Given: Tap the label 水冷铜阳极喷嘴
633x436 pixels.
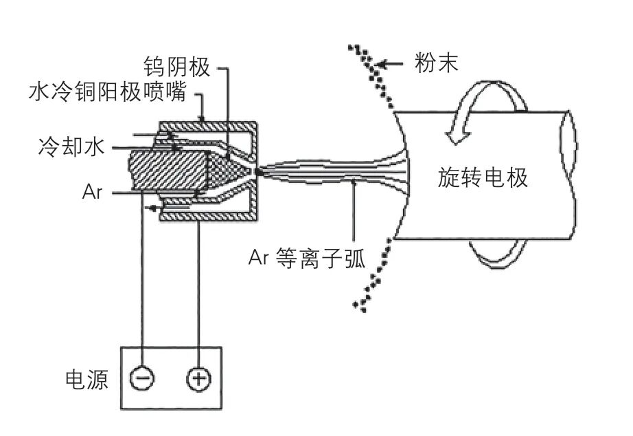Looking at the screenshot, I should pyautogui.click(x=108, y=91).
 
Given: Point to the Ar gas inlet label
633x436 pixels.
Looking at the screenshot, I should pyautogui.click(x=91, y=192).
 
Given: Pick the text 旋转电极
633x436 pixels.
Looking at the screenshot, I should pyautogui.click(x=483, y=177).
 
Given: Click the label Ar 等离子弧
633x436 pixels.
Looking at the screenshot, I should pyautogui.click(x=308, y=259).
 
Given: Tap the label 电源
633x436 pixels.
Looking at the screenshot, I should pyautogui.click(x=86, y=380).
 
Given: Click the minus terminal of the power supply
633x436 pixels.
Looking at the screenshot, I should pyautogui.click(x=142, y=378).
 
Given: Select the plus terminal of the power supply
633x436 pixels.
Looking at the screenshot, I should pyautogui.click(x=198, y=378).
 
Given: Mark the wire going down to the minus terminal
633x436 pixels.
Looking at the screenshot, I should pyautogui.click(x=142, y=289).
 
